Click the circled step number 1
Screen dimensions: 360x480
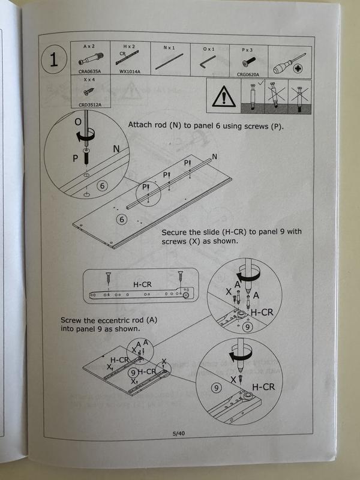54,59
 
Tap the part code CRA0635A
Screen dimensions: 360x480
89,71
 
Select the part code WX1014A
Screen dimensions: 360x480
130,71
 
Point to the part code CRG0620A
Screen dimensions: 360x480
248,74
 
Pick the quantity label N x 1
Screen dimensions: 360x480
169,48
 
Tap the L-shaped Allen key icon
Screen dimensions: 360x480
208,62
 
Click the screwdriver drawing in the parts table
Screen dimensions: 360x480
289,64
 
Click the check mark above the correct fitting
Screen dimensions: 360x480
261,82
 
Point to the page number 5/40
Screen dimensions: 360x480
179,433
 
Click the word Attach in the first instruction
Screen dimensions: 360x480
139,125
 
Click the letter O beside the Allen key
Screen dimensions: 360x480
78,122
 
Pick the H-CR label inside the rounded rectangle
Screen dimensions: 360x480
142,284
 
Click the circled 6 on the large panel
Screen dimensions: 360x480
122,220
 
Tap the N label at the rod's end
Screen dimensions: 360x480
215,157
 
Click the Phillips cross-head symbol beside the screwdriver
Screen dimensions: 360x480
298,68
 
